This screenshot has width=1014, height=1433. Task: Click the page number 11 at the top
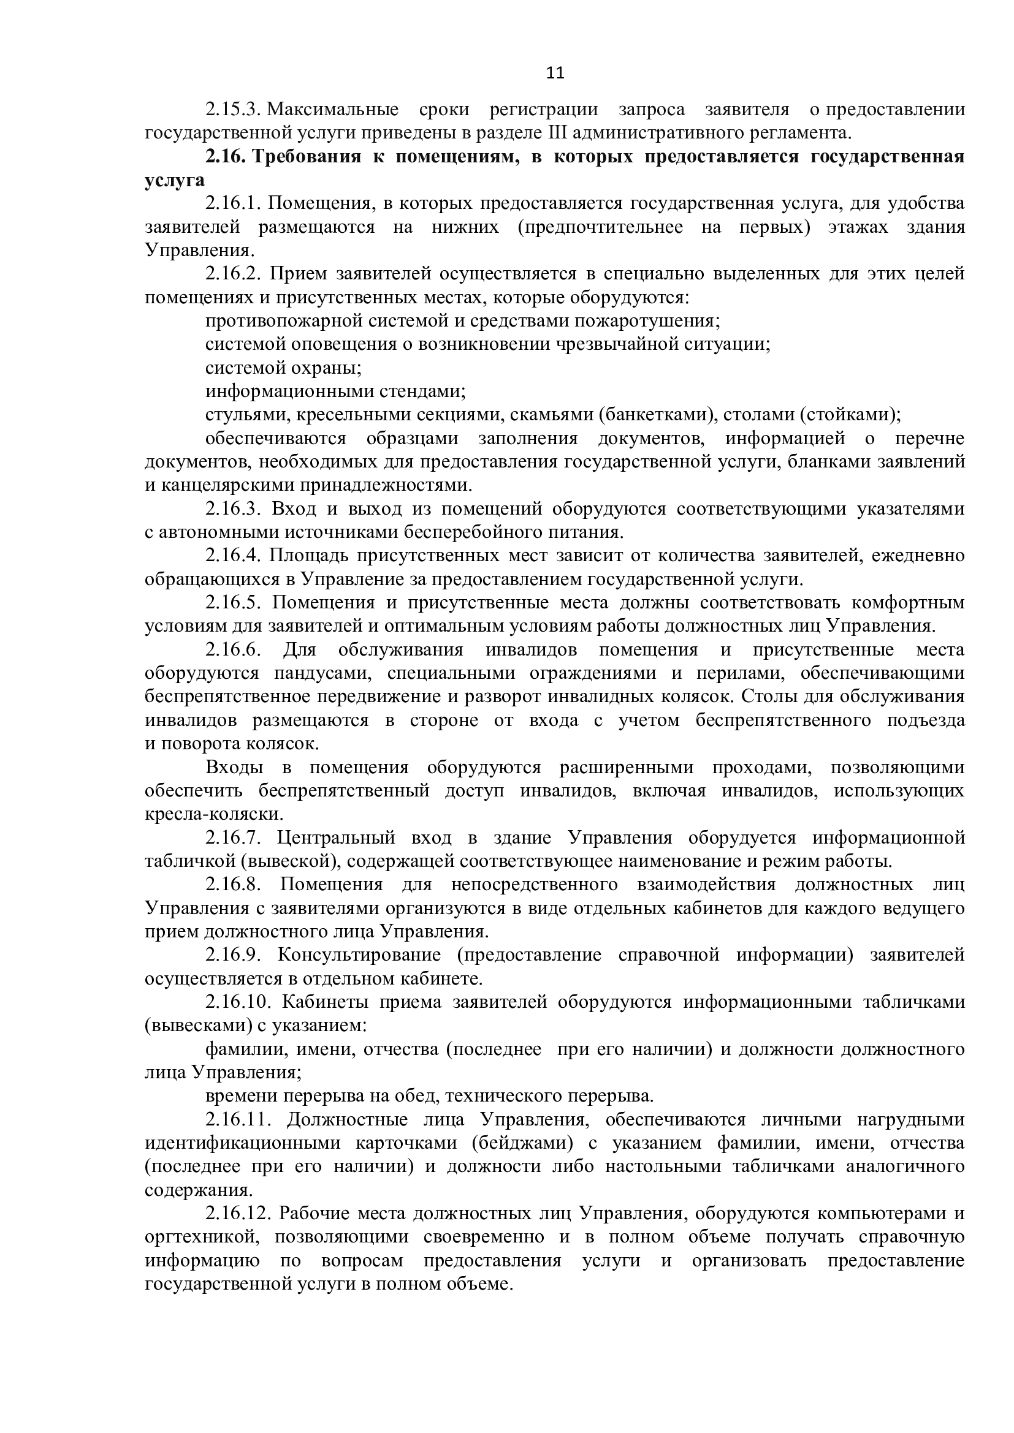[x=555, y=74]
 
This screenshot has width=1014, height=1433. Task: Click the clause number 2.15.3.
[x=232, y=110]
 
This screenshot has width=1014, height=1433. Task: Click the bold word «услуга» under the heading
[x=175, y=180]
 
